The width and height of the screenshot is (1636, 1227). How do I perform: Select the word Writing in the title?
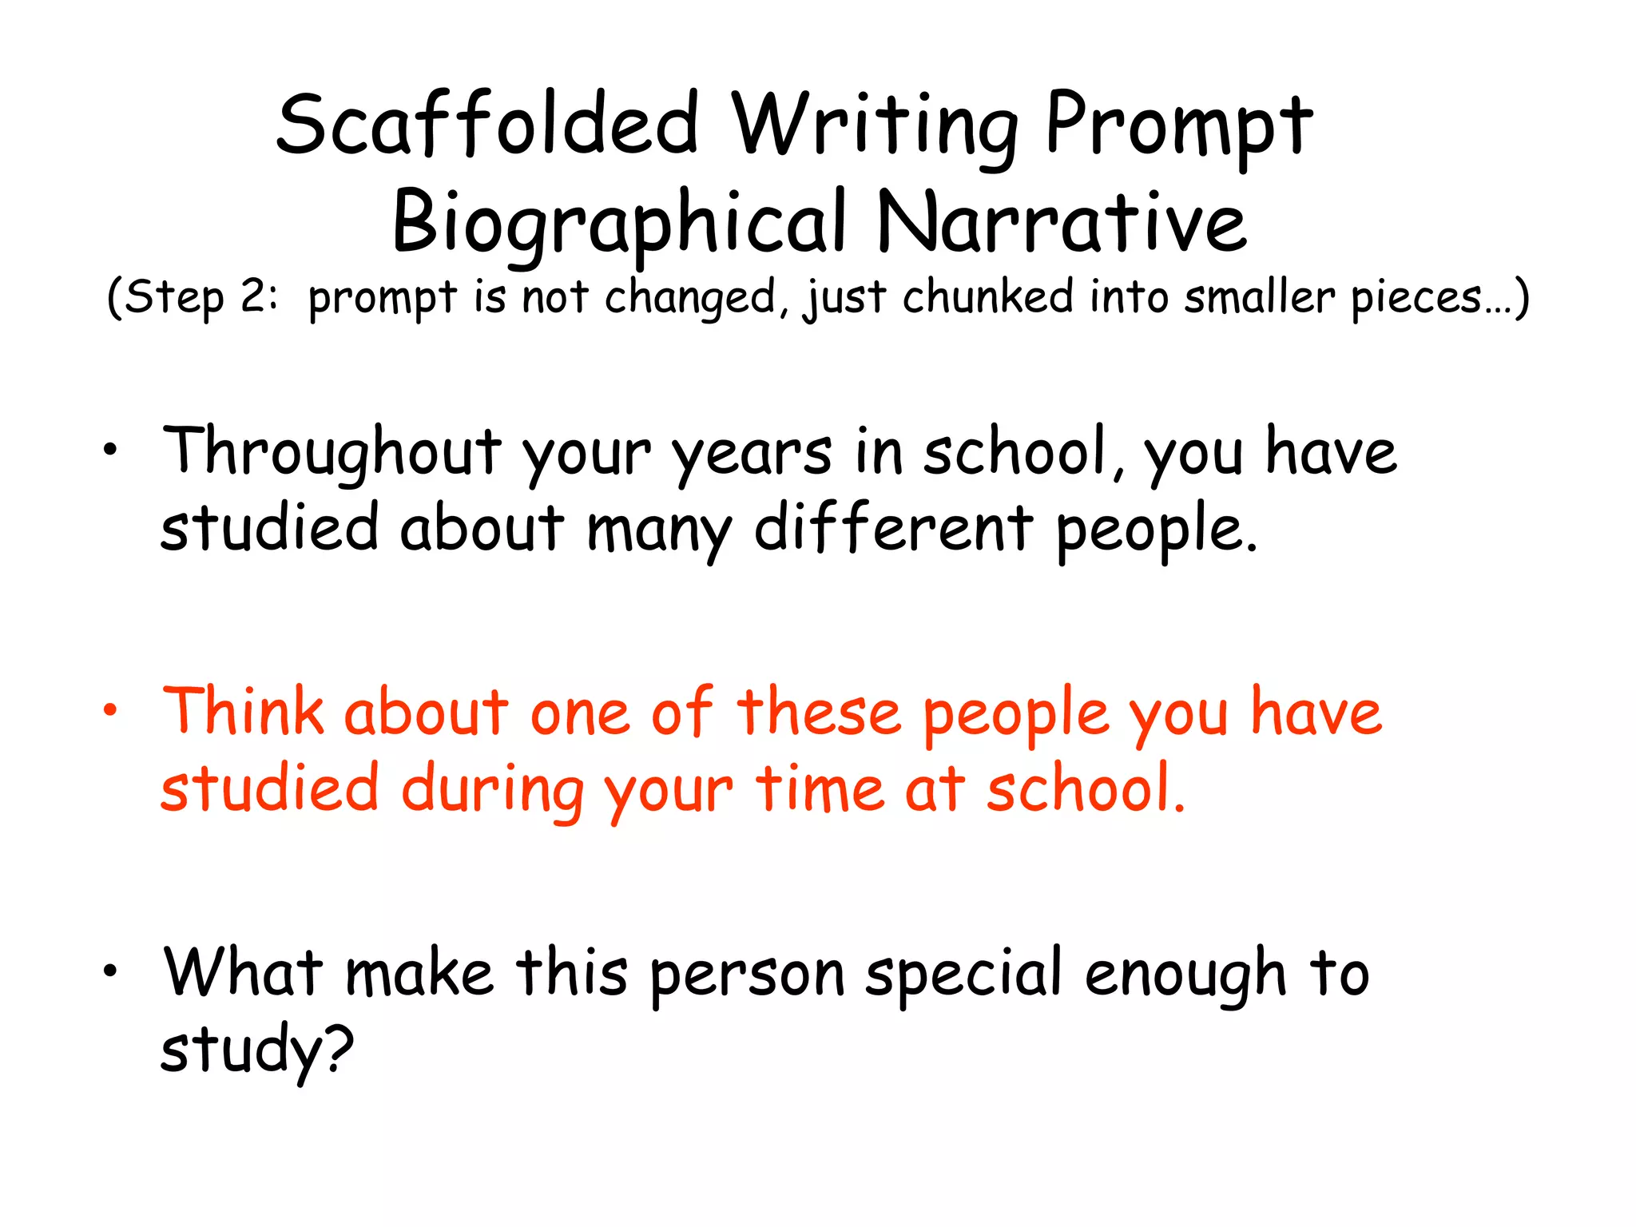(875, 126)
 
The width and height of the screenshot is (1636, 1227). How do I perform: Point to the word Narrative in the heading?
(1061, 222)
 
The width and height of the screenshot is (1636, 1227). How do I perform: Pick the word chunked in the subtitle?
(988, 297)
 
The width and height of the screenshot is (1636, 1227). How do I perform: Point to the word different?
(895, 529)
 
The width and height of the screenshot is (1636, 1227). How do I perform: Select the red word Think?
(243, 711)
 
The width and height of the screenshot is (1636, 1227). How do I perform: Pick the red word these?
(820, 713)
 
